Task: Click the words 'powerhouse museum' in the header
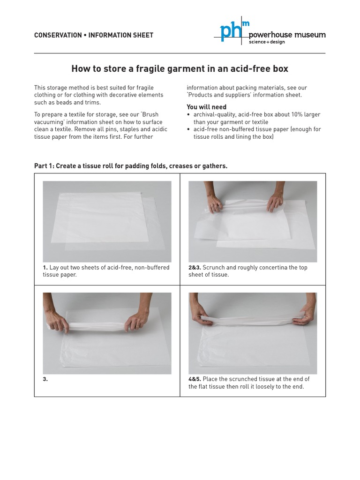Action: point(287,35)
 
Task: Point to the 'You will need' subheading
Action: point(206,107)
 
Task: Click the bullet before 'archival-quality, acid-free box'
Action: point(188,115)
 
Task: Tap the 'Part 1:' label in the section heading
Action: point(44,166)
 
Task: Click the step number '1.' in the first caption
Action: point(45,268)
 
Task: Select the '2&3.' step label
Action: point(195,268)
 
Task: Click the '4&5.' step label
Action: point(195,379)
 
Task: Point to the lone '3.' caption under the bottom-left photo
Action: point(45,379)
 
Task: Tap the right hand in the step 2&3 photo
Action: point(276,202)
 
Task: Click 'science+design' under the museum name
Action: point(266,42)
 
